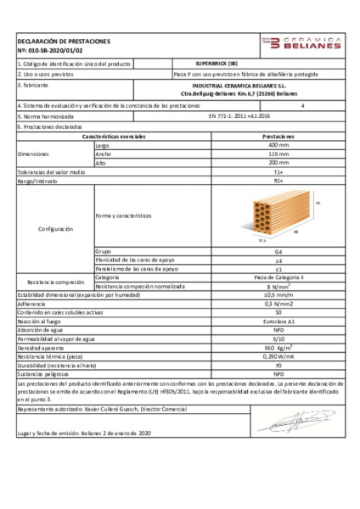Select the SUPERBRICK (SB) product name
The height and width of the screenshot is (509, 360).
click(216, 64)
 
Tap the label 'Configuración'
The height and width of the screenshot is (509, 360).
click(54, 229)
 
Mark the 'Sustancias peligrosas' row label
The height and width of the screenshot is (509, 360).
click(42, 373)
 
